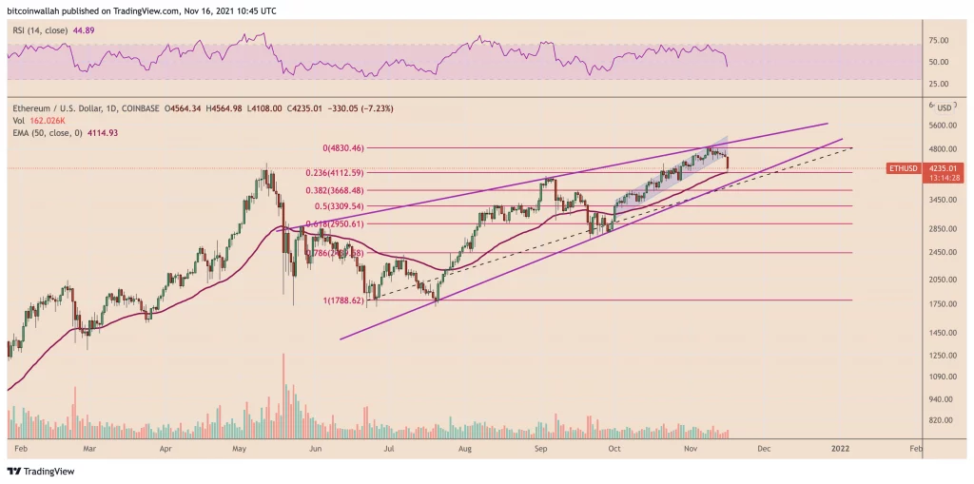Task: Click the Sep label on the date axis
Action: click(x=540, y=445)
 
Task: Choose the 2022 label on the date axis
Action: click(x=840, y=445)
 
